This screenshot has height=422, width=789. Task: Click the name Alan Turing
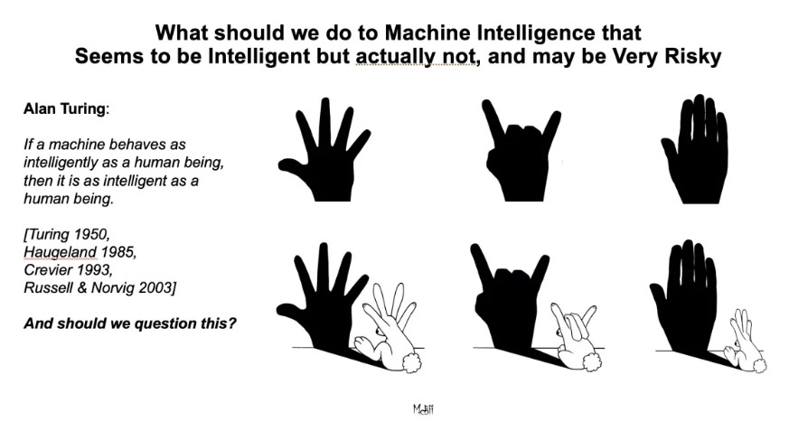(x=64, y=108)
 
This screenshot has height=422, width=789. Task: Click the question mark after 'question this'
(x=231, y=323)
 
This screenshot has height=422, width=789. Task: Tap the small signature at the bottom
(x=423, y=408)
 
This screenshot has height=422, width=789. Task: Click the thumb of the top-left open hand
(x=293, y=167)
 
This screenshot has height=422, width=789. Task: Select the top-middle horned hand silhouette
(x=521, y=150)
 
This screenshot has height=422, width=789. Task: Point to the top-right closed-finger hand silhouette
(x=694, y=149)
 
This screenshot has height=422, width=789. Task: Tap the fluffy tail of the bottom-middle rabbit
(x=591, y=361)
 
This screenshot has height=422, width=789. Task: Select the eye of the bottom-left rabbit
(x=379, y=330)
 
